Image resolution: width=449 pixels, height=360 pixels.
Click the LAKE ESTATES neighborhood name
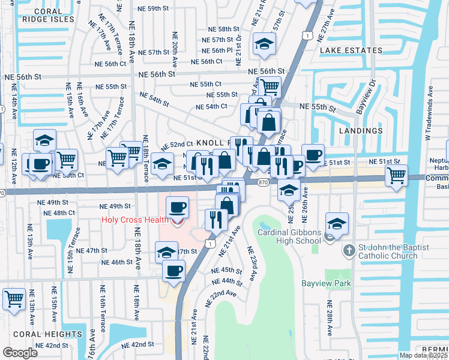click(x=351, y=50)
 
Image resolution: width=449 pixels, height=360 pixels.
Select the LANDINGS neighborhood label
click(x=360, y=130)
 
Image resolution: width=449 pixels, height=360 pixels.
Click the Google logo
click(x=20, y=353)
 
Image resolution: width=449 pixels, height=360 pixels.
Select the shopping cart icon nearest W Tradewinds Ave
click(x=396, y=175)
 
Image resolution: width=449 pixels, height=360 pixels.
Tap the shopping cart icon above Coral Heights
click(x=14, y=298)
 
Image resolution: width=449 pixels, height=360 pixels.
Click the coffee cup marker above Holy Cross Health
click(x=176, y=207)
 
